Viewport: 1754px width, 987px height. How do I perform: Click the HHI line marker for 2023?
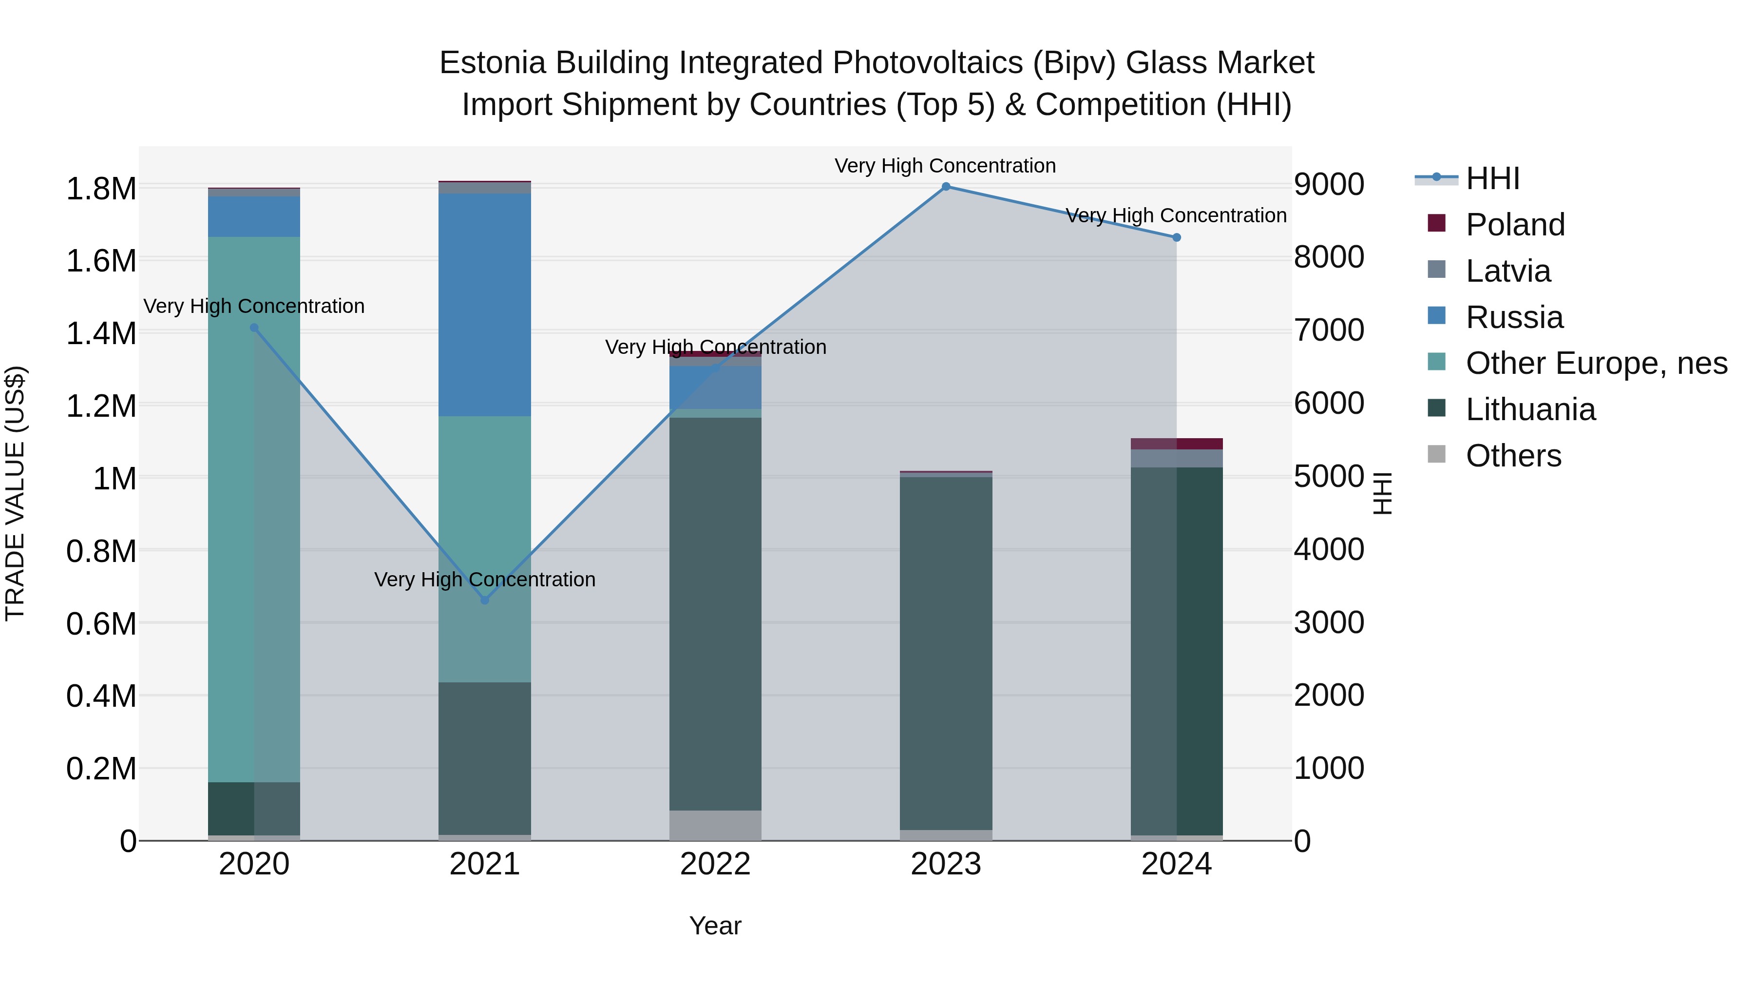pos(946,187)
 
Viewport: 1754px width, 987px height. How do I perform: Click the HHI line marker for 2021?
pos(485,600)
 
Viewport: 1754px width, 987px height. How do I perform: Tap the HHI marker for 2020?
pos(254,328)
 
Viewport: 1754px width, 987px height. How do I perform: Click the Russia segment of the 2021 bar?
pos(485,305)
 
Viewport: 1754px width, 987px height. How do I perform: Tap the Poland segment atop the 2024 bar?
pos(1177,444)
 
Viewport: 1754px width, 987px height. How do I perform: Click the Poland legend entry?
pos(1515,225)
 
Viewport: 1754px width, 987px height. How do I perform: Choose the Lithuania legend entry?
pos(1530,409)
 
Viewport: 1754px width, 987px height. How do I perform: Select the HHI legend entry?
pos(1492,178)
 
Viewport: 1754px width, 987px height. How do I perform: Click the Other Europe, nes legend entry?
pos(1596,363)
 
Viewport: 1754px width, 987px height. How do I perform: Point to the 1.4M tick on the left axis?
pos(101,334)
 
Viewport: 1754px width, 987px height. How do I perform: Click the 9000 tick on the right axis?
pos(1329,185)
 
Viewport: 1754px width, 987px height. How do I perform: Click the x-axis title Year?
pos(715,926)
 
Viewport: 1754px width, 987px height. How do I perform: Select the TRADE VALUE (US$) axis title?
pos(15,493)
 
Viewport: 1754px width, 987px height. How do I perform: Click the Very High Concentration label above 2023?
pos(945,166)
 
